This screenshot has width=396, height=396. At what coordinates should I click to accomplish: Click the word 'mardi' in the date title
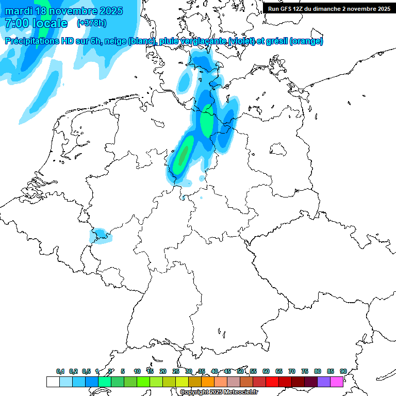tap(19, 11)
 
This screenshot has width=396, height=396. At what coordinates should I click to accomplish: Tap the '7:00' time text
tap(17, 23)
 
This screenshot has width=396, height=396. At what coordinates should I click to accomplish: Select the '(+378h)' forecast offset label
tap(92, 23)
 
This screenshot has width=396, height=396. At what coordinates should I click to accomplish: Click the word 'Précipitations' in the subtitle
tap(34, 41)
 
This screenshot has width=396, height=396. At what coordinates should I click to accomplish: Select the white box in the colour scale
tap(53, 382)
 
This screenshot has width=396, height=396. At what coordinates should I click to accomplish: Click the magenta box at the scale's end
tap(336, 382)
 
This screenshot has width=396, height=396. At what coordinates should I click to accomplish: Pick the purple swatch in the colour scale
tap(323, 382)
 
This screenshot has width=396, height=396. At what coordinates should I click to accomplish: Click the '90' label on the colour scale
tap(343, 371)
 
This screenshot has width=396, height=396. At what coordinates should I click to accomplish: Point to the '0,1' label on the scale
tap(60, 371)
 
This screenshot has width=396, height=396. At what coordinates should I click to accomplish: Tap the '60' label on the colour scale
tap(266, 371)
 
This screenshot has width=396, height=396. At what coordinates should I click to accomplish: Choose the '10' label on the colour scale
tap(137, 371)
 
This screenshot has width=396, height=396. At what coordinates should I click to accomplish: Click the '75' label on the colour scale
tap(305, 371)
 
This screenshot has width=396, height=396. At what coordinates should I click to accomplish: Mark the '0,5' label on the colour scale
tap(86, 371)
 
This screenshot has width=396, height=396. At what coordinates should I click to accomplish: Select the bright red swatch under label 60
tap(272, 382)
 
